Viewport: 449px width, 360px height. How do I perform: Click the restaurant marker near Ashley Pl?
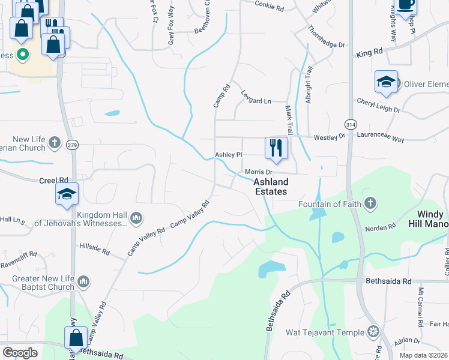point(276,148)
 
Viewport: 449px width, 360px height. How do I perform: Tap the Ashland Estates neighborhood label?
point(270,187)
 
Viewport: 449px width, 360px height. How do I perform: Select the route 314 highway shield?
point(350,124)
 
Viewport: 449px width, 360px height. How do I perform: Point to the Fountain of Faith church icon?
point(370,203)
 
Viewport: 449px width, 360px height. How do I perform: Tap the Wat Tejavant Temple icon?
point(373,332)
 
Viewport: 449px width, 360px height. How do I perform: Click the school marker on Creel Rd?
point(67,194)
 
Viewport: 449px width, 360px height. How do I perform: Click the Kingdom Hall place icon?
point(136,217)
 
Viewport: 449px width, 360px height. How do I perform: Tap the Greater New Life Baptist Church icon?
point(83,280)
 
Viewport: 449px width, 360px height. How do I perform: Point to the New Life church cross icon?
point(54,142)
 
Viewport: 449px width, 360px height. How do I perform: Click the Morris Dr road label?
point(259,172)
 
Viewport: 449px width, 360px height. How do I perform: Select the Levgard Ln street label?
point(256,100)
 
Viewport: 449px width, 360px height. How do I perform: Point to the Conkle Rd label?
point(268,7)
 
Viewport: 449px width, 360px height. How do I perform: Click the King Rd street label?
point(369,53)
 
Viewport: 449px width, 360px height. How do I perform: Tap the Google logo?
point(20,353)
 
